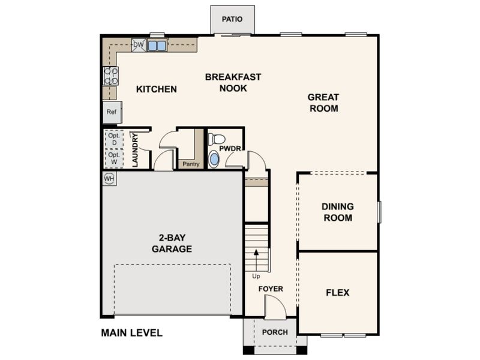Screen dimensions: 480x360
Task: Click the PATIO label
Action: (232, 19)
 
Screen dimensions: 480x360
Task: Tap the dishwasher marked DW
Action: (139, 45)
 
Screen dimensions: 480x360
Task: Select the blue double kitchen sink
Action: (157, 46)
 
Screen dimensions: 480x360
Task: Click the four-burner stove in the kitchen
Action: (110, 76)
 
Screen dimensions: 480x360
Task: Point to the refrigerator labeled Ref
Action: (112, 112)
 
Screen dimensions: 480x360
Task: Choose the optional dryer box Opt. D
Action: (114, 139)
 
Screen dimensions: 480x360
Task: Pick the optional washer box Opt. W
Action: (114, 158)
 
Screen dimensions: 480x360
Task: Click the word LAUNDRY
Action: (135, 151)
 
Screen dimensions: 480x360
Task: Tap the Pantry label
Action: (191, 164)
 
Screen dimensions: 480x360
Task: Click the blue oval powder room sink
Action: (214, 160)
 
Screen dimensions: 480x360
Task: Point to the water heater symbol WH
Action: (109, 178)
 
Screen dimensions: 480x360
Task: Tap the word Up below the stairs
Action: (256, 277)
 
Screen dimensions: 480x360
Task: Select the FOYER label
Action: (271, 289)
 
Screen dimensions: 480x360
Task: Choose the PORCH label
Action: (275, 332)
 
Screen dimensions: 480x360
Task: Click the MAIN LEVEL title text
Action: (131, 333)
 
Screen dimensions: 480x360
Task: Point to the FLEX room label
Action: (338, 293)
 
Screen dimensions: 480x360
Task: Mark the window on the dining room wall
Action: (379, 212)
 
